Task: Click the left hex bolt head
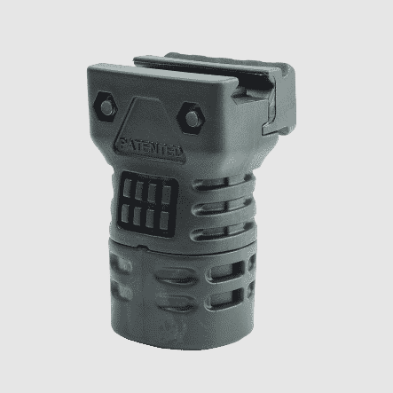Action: tap(106, 106)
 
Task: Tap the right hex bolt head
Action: tap(192, 118)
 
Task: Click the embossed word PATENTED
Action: tap(151, 148)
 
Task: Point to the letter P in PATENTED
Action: tap(123, 144)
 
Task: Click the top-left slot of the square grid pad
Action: tap(127, 188)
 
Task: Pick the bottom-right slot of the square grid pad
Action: tap(164, 220)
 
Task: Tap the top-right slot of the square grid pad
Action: tap(166, 194)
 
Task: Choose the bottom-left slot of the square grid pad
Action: tap(125, 213)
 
